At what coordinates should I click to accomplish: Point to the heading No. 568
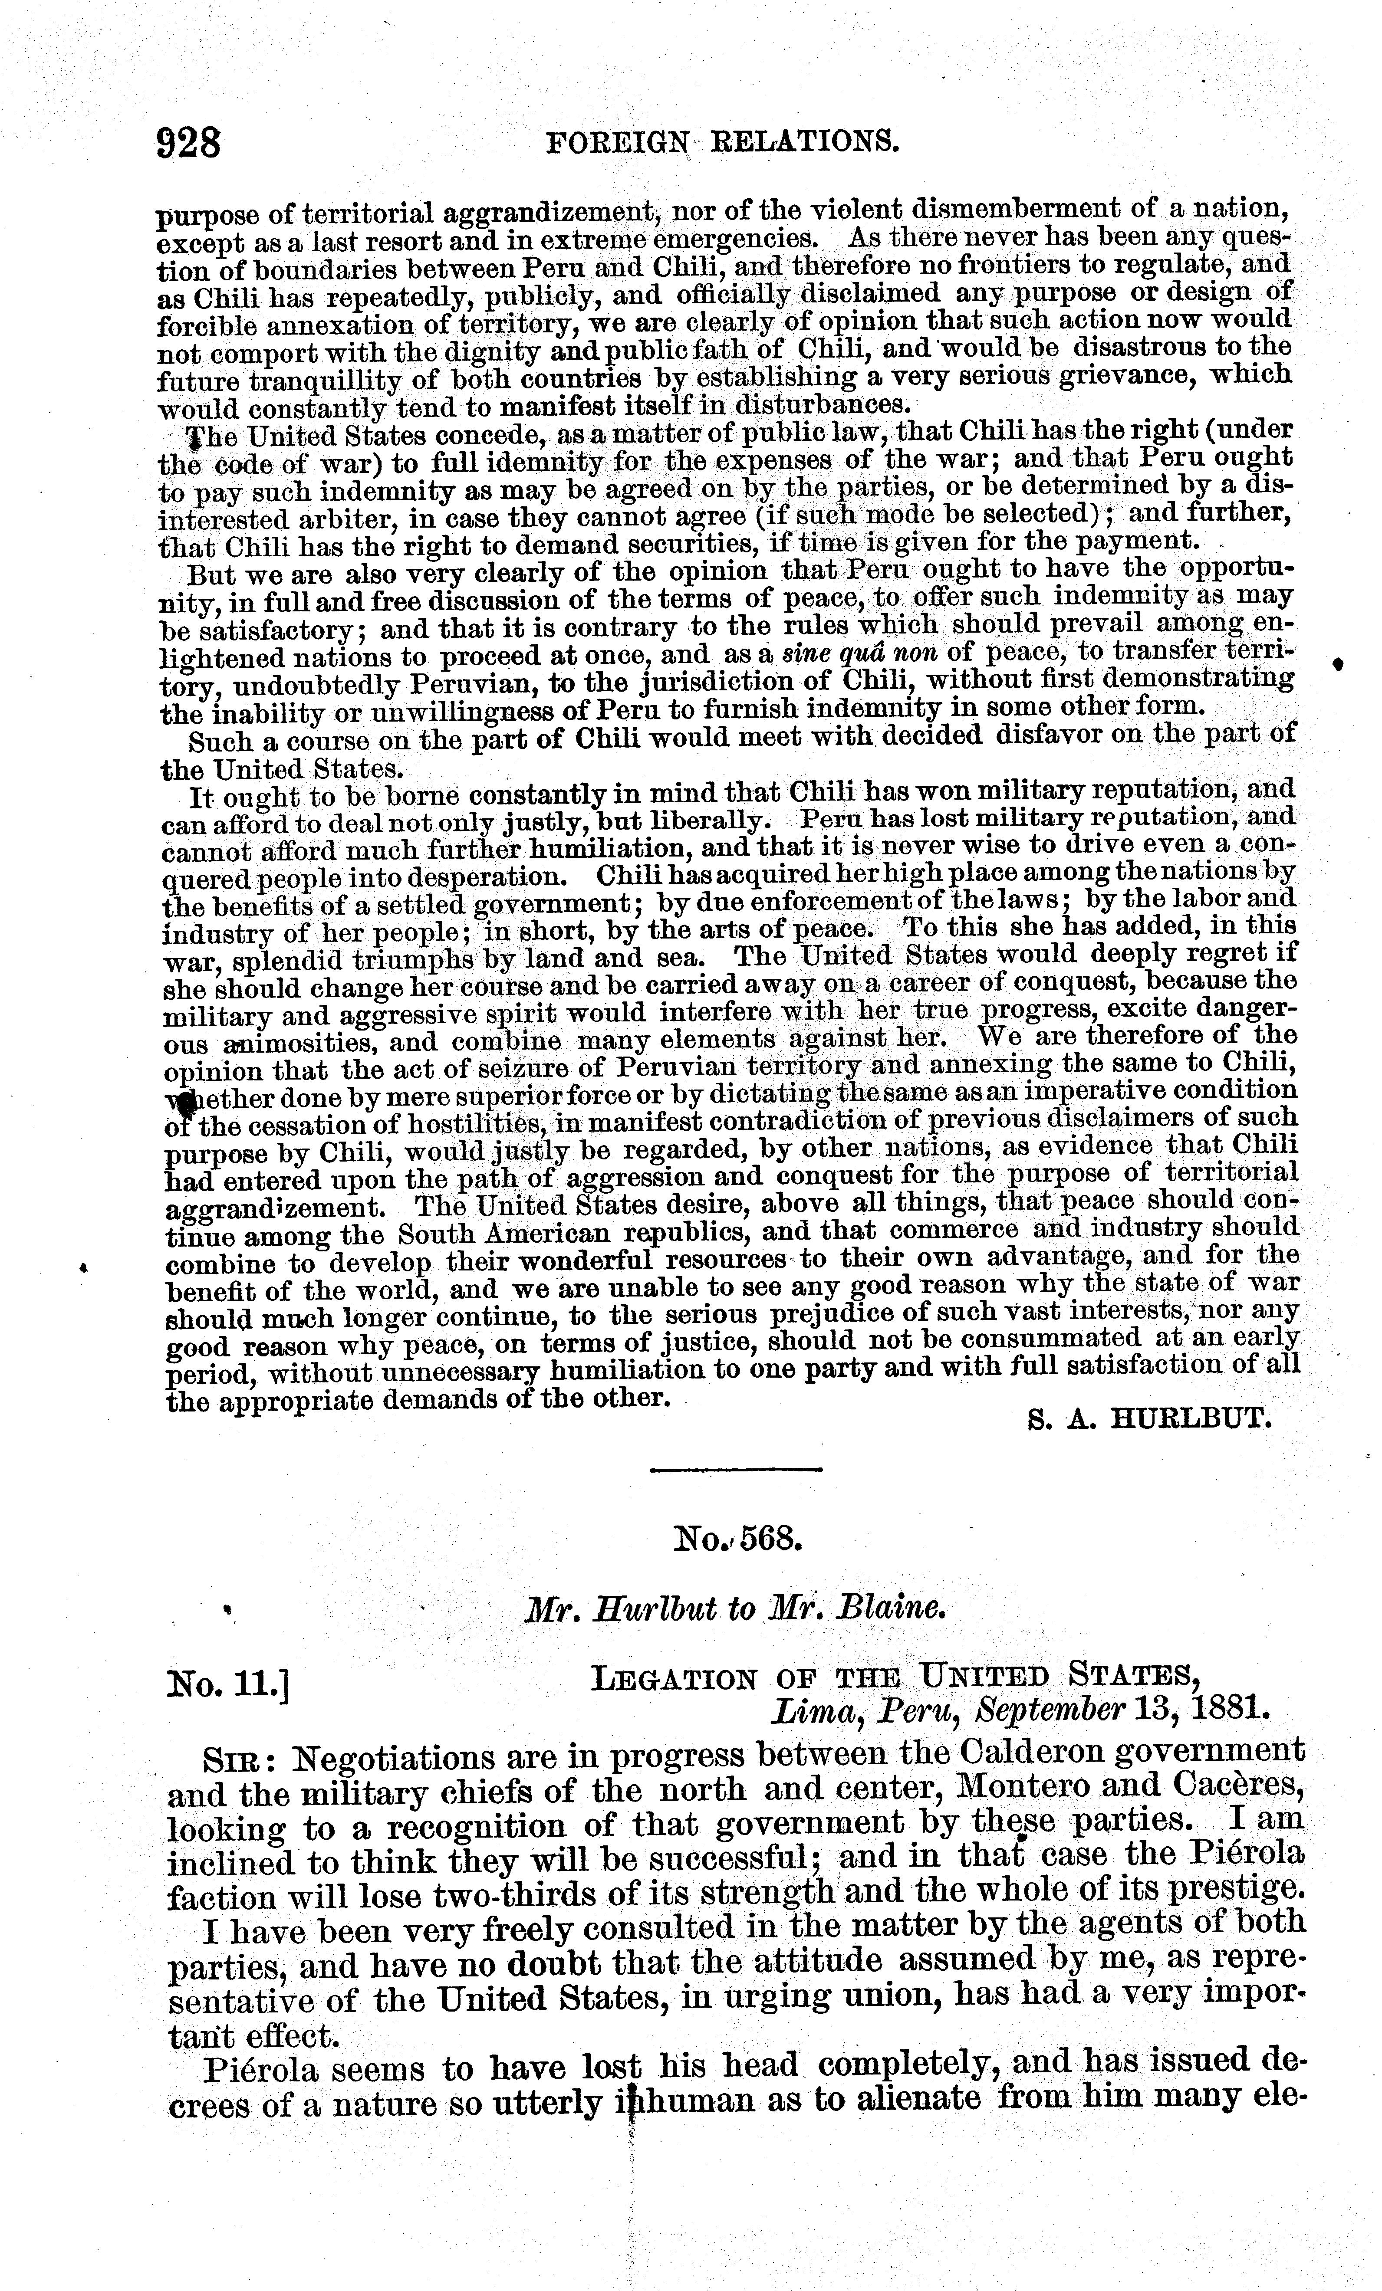pyautogui.click(x=737, y=1539)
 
